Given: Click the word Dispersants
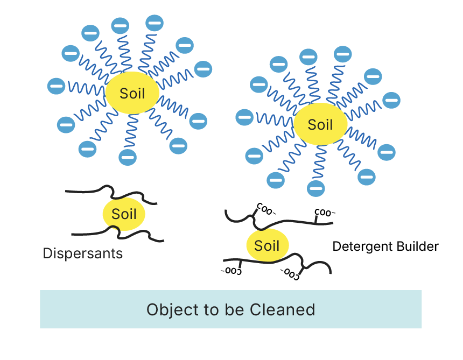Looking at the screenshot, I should (x=82, y=253).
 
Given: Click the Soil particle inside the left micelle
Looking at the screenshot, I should (x=132, y=93).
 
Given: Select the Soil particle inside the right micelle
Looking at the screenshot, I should (x=320, y=125).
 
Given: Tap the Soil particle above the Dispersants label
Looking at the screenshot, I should (x=124, y=214).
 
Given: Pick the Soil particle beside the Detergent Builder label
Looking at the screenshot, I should (x=267, y=246).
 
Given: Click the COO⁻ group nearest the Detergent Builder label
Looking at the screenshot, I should (x=324, y=212).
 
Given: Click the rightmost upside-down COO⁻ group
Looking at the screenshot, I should (x=289, y=273).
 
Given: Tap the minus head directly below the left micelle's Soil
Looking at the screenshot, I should (x=128, y=157).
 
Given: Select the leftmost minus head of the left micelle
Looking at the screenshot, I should (x=56, y=85).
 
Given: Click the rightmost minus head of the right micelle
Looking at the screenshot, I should (x=391, y=100).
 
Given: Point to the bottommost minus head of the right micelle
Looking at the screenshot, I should (x=316, y=188).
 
